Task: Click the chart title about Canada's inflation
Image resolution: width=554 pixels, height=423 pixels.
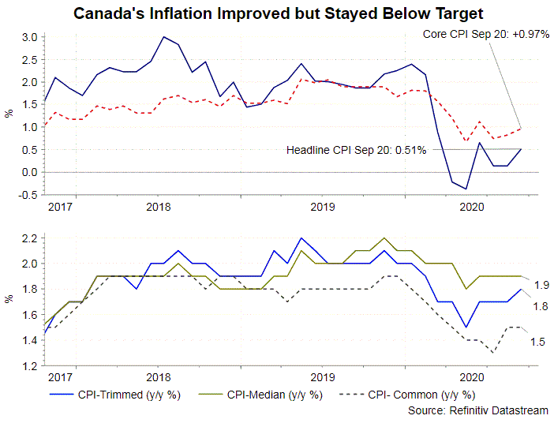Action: pos(278,13)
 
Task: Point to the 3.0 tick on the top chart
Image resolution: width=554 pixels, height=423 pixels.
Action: pos(29,37)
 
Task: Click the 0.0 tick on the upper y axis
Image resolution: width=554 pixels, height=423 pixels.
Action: pos(29,172)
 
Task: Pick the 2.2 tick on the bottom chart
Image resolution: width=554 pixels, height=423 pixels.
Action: pos(29,238)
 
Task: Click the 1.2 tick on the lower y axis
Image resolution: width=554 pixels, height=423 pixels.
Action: pos(29,366)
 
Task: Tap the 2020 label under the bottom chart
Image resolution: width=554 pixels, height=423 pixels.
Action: pos(472,378)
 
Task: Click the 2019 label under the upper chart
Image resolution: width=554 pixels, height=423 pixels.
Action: pos(321,207)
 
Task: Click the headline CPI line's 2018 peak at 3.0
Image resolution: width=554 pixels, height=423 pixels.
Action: pos(163,37)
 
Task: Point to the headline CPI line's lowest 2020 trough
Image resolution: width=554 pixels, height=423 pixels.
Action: pos(466,189)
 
